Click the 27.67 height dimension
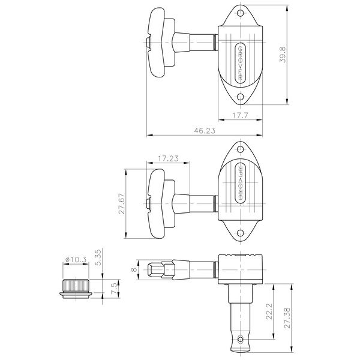[120, 203]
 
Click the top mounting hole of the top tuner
[240, 13]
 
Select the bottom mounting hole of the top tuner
[240, 97]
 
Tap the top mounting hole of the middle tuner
[241, 149]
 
